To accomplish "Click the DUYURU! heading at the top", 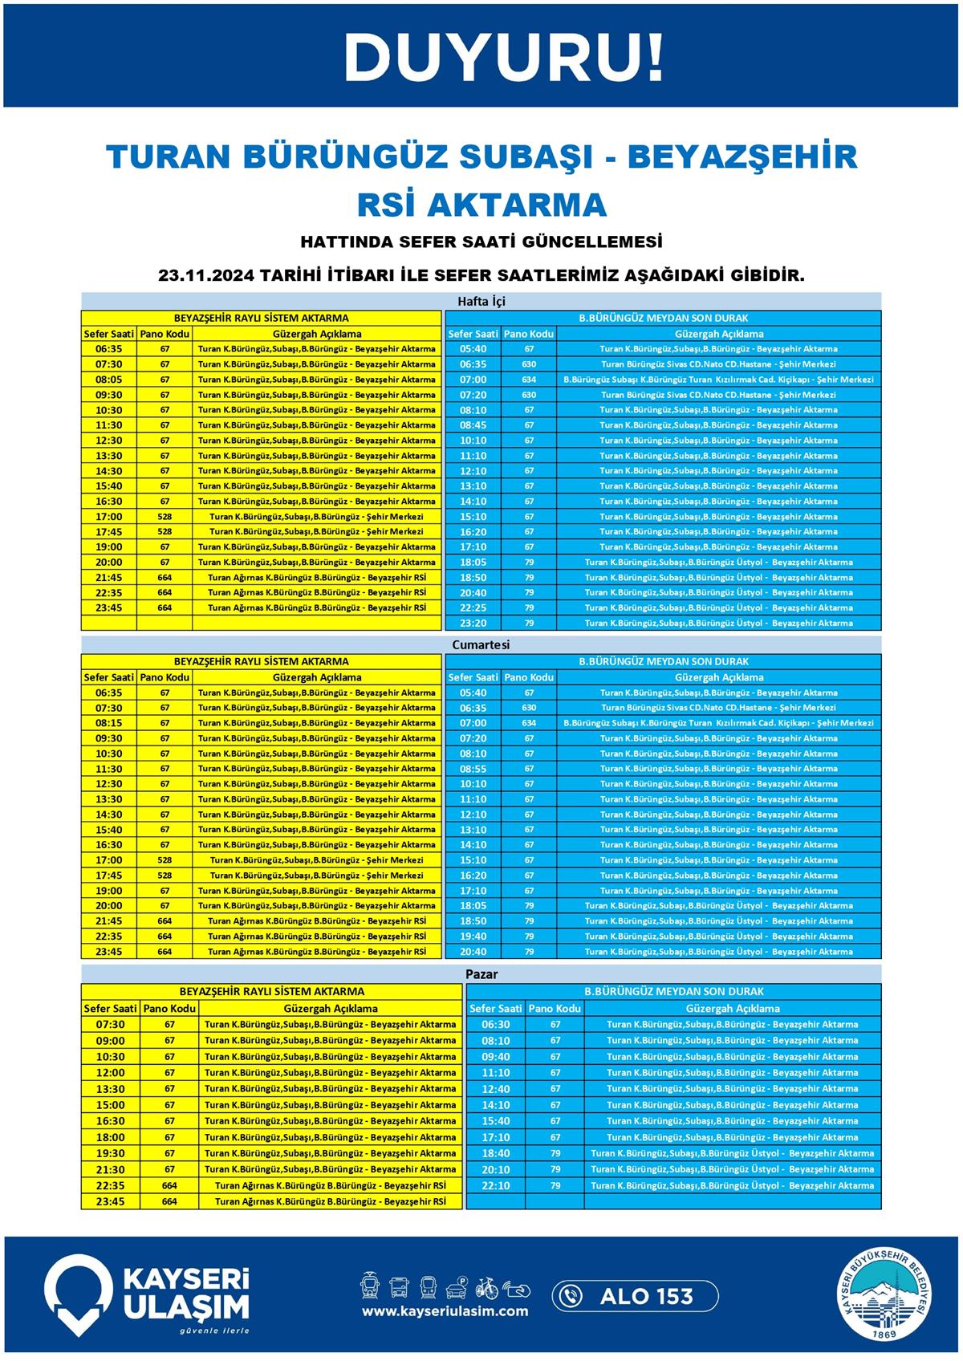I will (x=505, y=58).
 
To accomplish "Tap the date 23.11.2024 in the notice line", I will (x=207, y=275).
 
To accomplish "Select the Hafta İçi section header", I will (x=481, y=302).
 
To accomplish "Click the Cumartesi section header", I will (x=481, y=644).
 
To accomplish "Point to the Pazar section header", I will (x=481, y=973).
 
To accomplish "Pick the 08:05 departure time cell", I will (x=109, y=380).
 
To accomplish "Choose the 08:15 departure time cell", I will (x=109, y=723).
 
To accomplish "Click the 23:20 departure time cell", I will (x=473, y=623).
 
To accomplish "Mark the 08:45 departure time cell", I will (x=473, y=425).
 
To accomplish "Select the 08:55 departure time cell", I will (x=473, y=769).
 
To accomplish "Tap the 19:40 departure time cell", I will (x=473, y=936).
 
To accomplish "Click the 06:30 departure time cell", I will (x=495, y=1025).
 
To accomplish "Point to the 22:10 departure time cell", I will (x=495, y=1185).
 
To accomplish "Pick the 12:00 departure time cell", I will (x=111, y=1073).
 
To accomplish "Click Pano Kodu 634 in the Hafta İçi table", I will (x=529, y=380).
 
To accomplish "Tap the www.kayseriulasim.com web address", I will (x=445, y=1311).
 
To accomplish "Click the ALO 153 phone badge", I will (x=635, y=1296).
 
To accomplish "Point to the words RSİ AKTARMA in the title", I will (x=481, y=205).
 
